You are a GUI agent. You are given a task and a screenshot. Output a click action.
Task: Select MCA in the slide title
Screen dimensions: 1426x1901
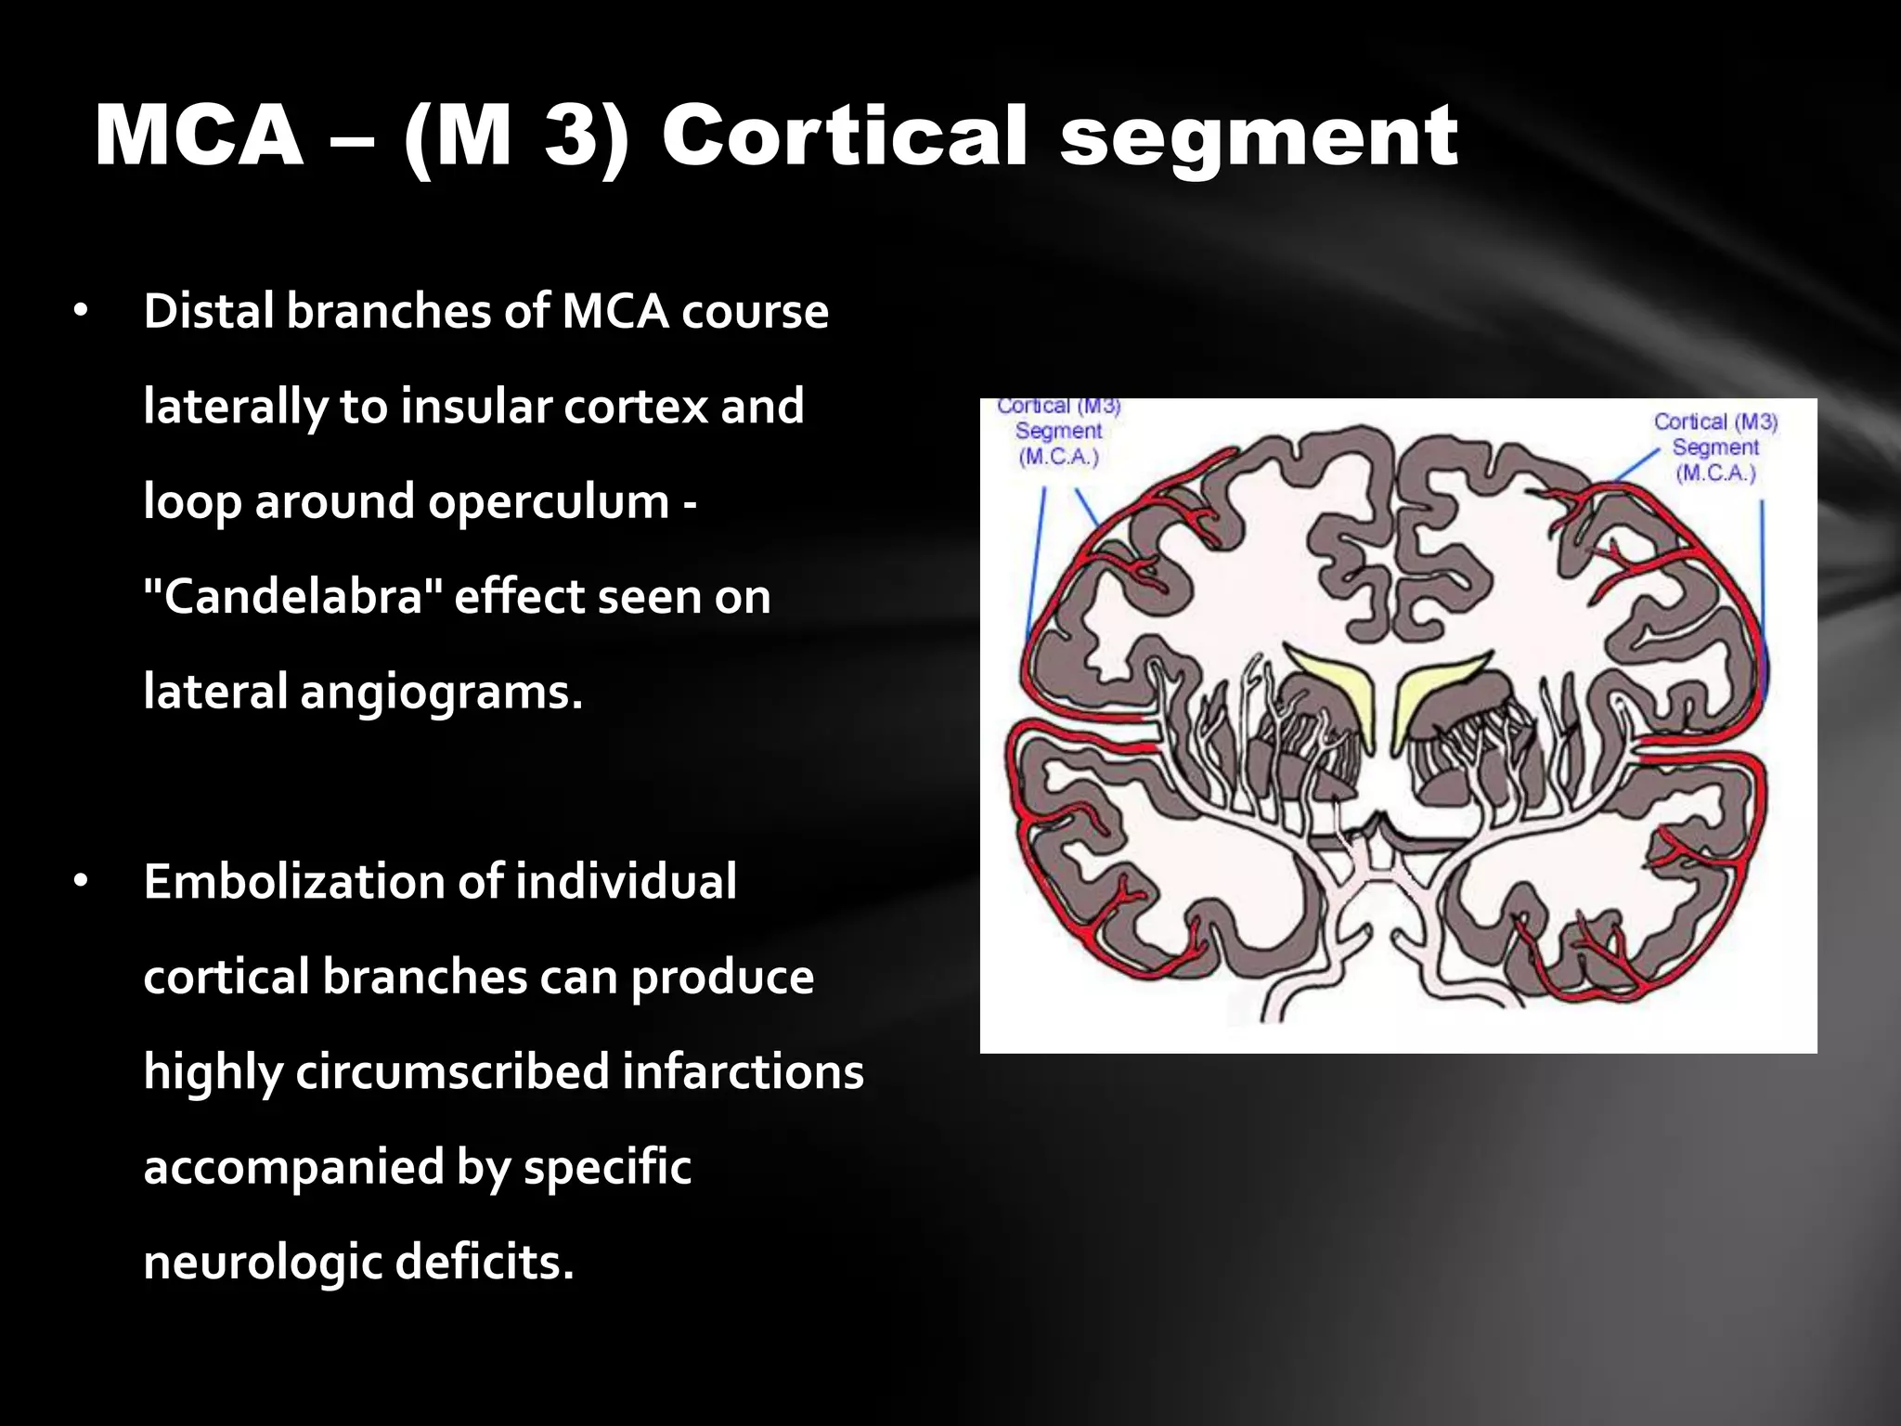click(200, 136)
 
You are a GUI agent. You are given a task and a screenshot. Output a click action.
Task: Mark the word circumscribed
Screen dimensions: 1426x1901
click(451, 1072)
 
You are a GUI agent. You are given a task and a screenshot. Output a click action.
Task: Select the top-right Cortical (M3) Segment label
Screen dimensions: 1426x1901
click(1714, 447)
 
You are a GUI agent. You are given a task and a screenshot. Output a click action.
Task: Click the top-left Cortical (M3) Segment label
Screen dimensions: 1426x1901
click(1058, 432)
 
